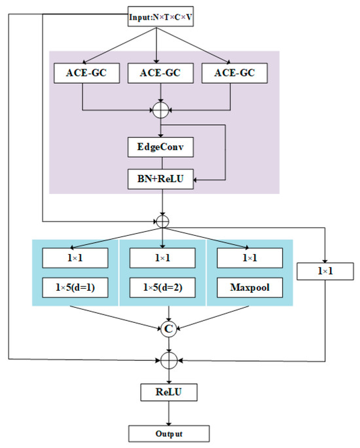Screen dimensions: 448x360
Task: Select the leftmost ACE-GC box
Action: (x=82, y=74)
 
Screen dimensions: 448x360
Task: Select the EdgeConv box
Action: (x=161, y=147)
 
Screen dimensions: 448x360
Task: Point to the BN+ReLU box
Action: (x=161, y=179)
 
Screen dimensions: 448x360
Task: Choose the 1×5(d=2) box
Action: (x=162, y=287)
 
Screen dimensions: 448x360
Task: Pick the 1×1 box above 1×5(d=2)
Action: (x=162, y=257)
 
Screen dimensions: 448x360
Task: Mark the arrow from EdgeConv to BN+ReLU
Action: (x=161, y=163)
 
